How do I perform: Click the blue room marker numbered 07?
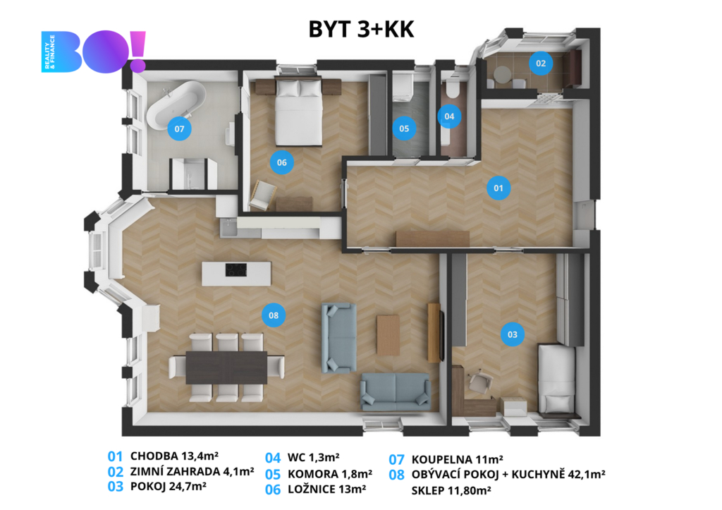point(179,129)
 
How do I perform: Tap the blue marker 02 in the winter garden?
point(541,63)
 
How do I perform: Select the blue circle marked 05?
point(404,128)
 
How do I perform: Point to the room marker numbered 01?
point(498,188)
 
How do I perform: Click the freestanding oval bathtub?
point(176,105)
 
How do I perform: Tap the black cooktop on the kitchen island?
point(235,269)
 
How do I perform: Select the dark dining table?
point(226,368)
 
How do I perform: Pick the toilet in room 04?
point(452,88)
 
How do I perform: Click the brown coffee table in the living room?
point(388,335)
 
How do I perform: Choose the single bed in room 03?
point(557,380)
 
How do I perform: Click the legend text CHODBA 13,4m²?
point(175,456)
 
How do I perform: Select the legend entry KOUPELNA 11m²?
point(457,459)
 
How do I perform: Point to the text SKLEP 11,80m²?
point(451,491)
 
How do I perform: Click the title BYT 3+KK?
point(362,29)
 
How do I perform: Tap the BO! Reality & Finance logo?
point(94,51)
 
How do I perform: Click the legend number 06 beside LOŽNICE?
point(273,490)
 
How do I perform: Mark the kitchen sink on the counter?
point(228,227)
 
